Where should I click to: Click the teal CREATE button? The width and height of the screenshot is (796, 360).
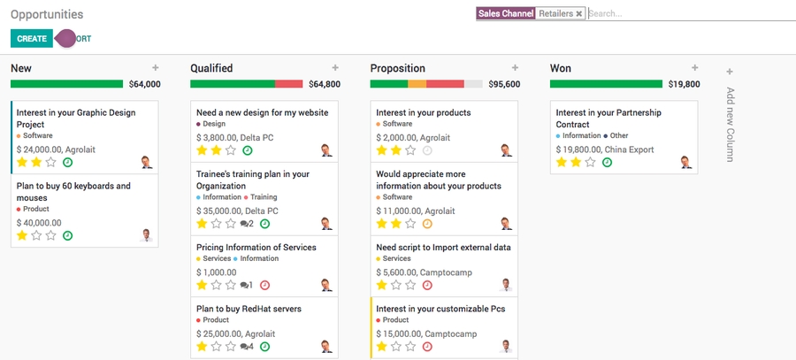(31, 39)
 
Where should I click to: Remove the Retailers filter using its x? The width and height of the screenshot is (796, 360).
(578, 14)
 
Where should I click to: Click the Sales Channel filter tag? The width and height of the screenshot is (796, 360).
(506, 14)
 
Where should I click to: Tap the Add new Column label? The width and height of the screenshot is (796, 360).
(730, 124)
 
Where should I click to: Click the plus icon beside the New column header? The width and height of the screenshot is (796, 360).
(156, 67)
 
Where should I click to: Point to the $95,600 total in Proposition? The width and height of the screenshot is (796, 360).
(504, 84)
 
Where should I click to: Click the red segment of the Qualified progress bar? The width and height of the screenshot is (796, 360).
(288, 84)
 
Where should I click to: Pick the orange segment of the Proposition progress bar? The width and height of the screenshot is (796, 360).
(417, 84)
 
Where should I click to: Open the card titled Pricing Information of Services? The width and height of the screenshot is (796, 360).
(256, 248)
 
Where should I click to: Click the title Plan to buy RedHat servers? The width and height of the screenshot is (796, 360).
(249, 309)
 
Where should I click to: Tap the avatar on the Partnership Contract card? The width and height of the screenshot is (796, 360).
(685, 162)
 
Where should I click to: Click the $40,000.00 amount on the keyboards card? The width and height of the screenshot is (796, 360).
(39, 223)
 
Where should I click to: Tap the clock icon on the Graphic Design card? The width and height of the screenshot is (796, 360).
(68, 162)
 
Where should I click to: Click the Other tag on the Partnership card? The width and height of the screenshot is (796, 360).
(618, 136)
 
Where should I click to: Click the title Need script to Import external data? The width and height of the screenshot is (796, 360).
(443, 248)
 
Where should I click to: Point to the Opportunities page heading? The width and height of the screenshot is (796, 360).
(47, 14)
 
